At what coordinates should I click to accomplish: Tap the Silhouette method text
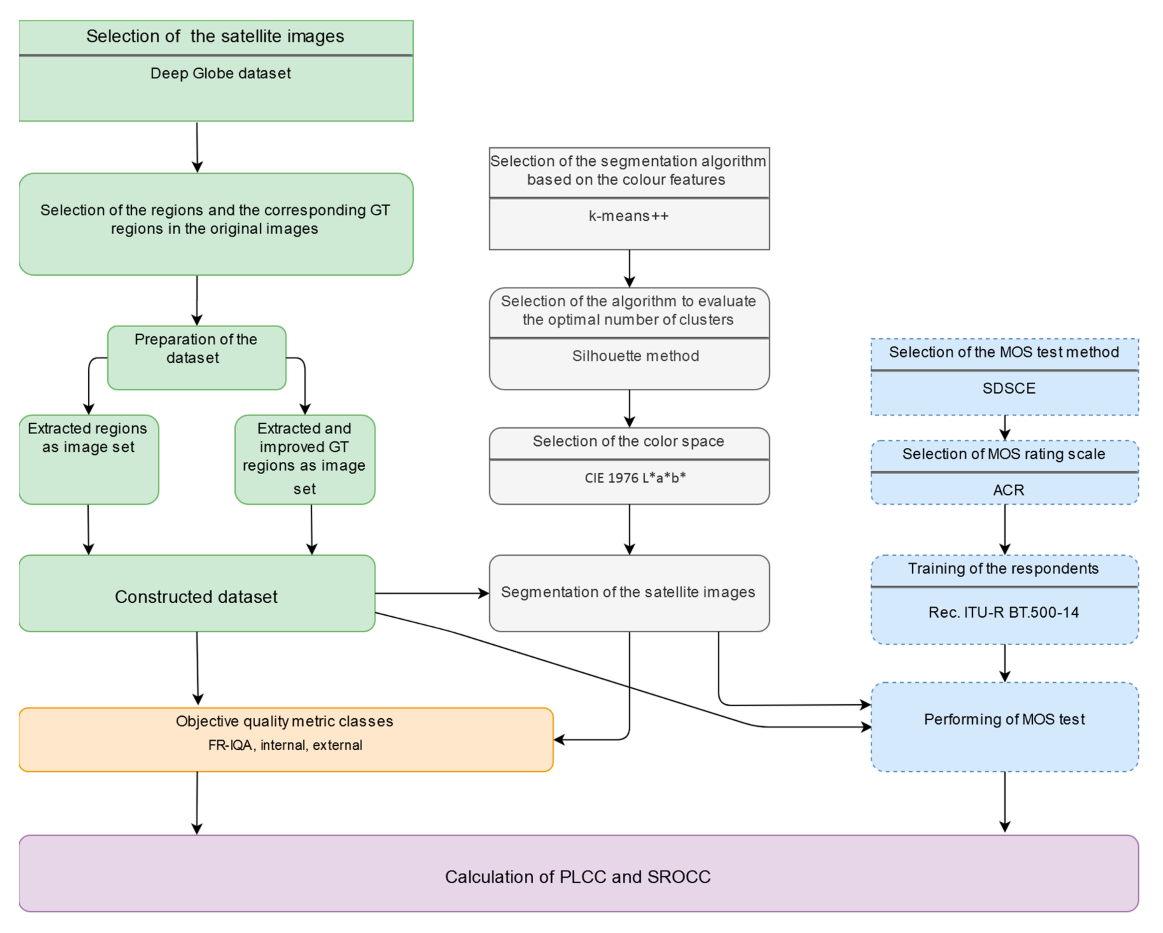(635, 356)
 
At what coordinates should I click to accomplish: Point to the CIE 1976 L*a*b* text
(635, 478)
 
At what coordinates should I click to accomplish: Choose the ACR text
(1008, 490)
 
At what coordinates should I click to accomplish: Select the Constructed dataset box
(196, 594)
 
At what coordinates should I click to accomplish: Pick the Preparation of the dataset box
(196, 357)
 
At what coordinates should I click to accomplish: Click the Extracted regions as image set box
(88, 460)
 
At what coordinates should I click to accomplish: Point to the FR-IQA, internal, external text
(285, 745)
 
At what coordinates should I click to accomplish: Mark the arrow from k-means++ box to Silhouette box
(629, 268)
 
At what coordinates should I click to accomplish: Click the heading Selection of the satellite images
(215, 37)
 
